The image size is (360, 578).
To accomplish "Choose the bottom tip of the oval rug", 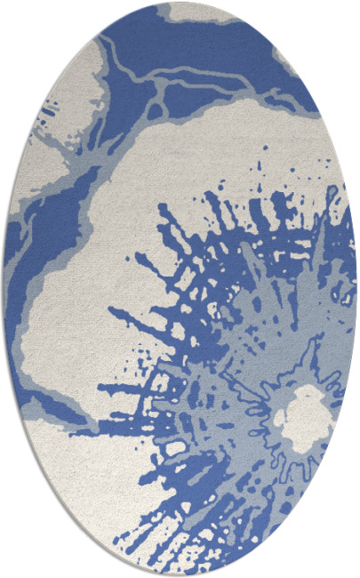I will click(180, 574).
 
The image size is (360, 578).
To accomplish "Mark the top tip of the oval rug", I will click(180, 4).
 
